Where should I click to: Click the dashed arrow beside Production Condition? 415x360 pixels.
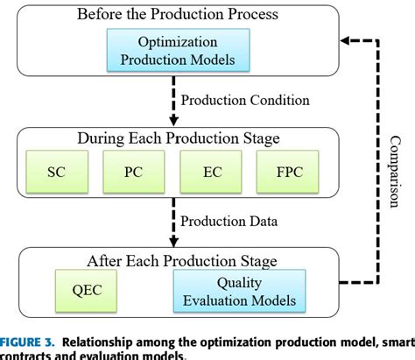[172, 102]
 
